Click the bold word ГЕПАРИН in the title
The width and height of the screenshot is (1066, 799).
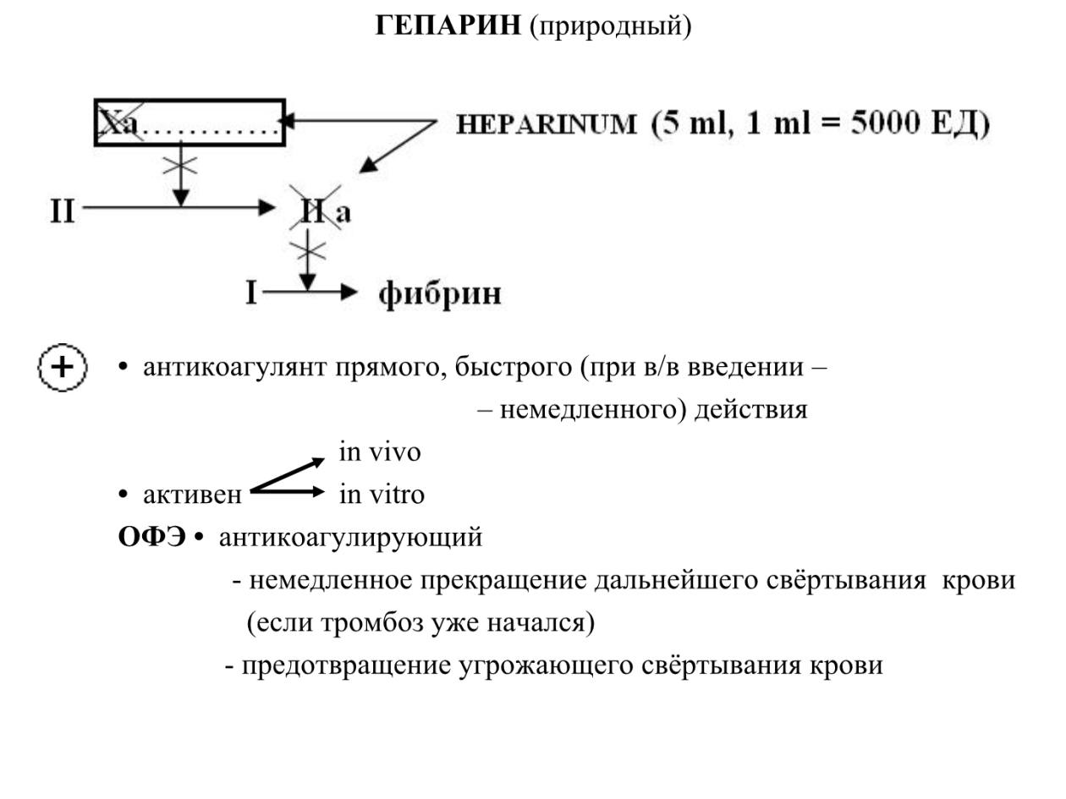[448, 25]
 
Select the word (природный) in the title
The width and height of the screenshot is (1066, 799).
[610, 27]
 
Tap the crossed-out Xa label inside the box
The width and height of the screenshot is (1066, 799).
[119, 123]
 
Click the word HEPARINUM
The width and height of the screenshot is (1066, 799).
[546, 124]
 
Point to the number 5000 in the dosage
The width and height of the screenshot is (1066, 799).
[885, 123]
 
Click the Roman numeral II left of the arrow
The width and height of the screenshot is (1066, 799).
[63, 211]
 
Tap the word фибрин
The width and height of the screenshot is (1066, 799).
[439, 294]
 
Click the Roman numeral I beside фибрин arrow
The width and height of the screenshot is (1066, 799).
[250, 293]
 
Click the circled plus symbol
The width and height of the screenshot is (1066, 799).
[63, 367]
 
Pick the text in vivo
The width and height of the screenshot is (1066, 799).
[379, 452]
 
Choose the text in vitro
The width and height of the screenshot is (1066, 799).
[382, 495]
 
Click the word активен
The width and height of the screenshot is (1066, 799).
[192, 495]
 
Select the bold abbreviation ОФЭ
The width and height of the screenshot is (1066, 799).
[151, 538]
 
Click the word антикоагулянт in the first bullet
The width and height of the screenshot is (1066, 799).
[234, 368]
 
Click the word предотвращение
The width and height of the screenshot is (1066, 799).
[346, 665]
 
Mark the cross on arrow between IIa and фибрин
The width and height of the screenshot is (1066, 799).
[308, 251]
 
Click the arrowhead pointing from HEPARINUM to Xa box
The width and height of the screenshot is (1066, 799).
[287, 120]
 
